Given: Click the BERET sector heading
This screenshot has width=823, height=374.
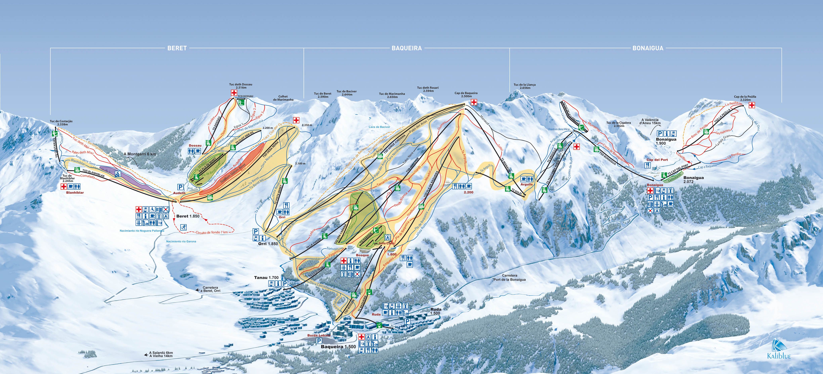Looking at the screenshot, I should coord(177,48).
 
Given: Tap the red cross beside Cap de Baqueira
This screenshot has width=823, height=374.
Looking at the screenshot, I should coord(474,102).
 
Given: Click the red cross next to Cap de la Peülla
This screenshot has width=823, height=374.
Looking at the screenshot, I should coord(752,105).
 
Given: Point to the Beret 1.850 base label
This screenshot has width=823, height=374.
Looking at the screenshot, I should coord(188,216).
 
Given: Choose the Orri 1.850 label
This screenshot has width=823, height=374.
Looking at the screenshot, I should coord(268,244).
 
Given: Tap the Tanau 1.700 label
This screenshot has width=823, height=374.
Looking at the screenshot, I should coord(266,277).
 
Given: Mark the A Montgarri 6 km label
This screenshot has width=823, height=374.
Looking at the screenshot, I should coord(140,154).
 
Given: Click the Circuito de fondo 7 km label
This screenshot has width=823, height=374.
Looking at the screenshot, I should coord(211,232).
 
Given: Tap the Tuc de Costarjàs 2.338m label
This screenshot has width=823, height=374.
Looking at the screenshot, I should coord(61,123).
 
